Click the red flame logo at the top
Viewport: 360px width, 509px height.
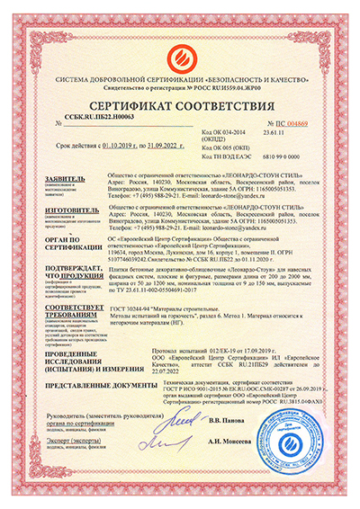tap(180, 36)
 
